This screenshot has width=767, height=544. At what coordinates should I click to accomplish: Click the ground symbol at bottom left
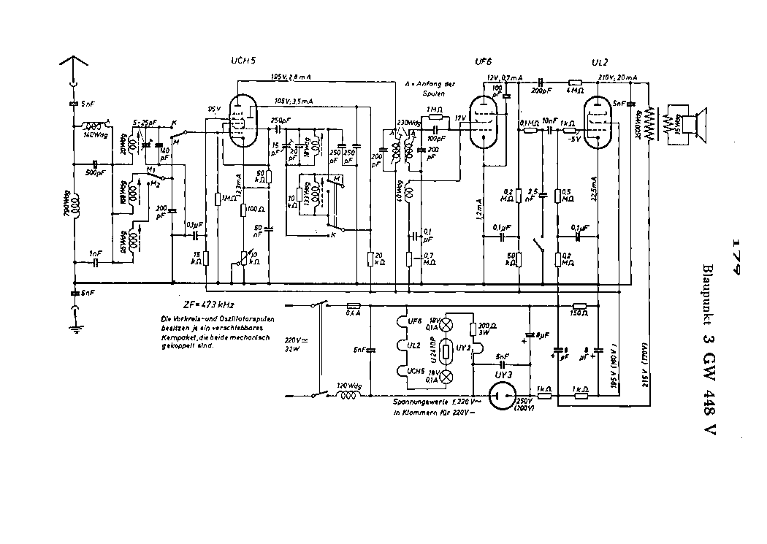(x=75, y=328)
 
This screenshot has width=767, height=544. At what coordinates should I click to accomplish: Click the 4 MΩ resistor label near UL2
(x=575, y=91)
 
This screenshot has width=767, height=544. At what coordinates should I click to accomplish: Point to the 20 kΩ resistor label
(x=381, y=258)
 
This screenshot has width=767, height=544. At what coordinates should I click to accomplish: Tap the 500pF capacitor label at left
(x=94, y=173)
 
